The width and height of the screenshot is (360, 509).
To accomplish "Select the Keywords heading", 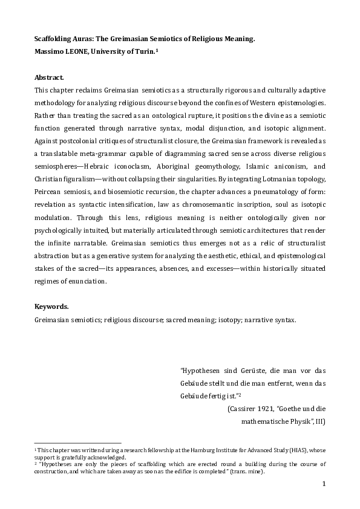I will pyautogui.click(x=51, y=306).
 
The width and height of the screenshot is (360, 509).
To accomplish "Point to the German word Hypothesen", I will pyautogui.click(x=202, y=371).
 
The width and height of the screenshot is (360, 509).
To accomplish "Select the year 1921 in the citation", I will pyautogui.click(x=267, y=409).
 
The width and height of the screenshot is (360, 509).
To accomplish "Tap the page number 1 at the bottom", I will pyautogui.click(x=324, y=484).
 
